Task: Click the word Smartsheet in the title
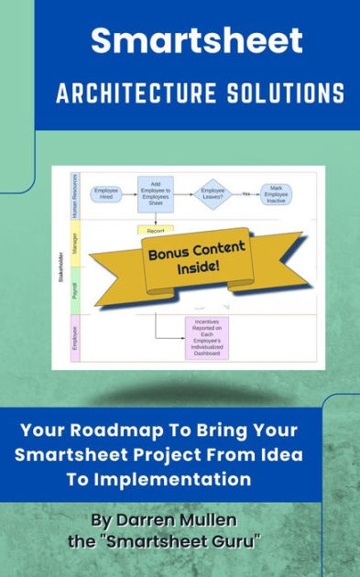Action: tap(196, 40)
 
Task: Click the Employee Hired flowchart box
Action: tap(106, 194)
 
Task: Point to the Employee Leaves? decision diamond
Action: tap(214, 194)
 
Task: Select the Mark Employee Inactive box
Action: tap(277, 194)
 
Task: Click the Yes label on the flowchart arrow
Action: tap(245, 194)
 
